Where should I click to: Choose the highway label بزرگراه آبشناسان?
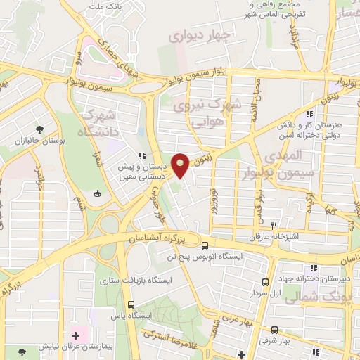click(x=159, y=238)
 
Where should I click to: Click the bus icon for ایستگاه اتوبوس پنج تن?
click(x=205, y=246)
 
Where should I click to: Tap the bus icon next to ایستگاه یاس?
click(x=131, y=304)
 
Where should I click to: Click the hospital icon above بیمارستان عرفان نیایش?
click(x=76, y=335)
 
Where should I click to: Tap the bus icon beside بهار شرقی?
click(x=274, y=330)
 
